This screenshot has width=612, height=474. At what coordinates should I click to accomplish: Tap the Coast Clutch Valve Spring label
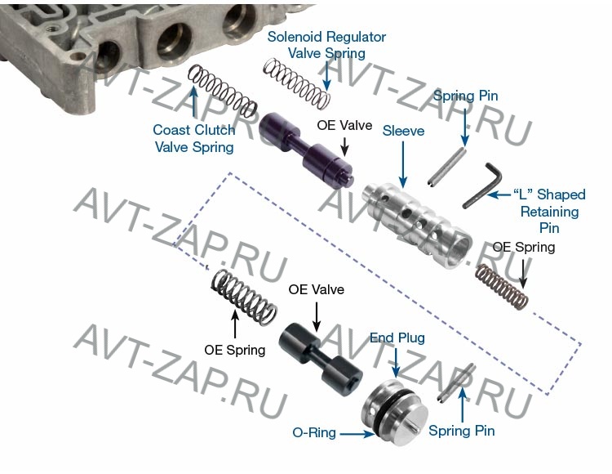pyautogui.click(x=193, y=138)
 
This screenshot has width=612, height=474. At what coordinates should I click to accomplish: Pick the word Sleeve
pyautogui.click(x=403, y=131)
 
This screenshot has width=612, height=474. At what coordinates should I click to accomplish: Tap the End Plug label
pyautogui.click(x=397, y=337)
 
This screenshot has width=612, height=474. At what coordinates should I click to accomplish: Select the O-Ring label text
pyautogui.click(x=314, y=432)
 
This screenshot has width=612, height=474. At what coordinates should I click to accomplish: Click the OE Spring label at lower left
pyautogui.click(x=235, y=350)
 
